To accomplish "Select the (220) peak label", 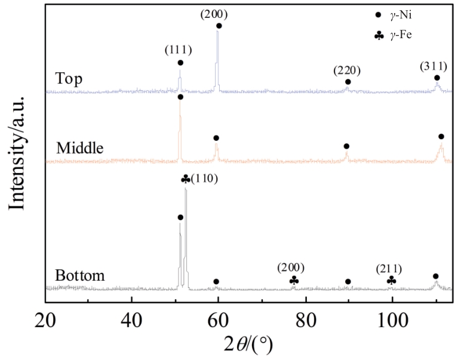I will pyautogui.click(x=347, y=70).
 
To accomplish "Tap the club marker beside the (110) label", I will pyautogui.click(x=186, y=179).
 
